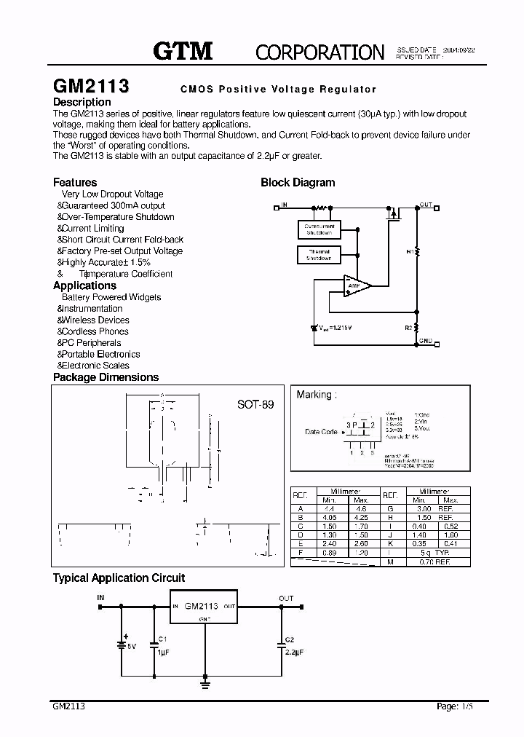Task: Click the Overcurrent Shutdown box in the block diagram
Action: [319, 229]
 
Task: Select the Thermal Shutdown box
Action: [319, 255]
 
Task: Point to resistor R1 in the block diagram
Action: [417, 251]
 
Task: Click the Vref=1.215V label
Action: [336, 328]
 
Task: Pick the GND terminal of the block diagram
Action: [426, 341]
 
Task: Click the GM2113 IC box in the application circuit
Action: [205, 606]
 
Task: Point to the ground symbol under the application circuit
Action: [205, 684]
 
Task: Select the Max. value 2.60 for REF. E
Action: [360, 544]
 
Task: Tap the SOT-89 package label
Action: [255, 404]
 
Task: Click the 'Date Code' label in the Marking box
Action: [321, 432]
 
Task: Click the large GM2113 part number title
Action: [92, 86]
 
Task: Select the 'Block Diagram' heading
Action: [298, 183]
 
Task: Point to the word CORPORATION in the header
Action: [319, 52]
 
